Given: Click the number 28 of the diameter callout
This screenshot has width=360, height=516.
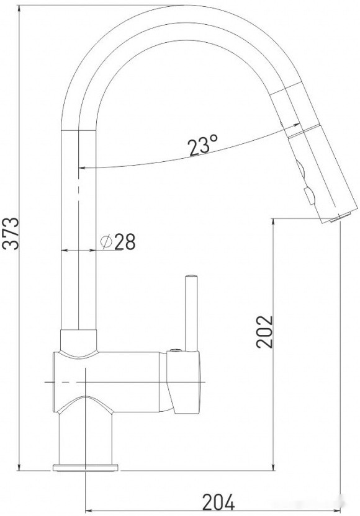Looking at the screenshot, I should pos(125,242).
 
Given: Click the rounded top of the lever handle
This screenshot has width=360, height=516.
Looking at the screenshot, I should pos(191,277).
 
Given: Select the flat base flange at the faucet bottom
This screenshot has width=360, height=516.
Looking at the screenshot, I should pos(85,466).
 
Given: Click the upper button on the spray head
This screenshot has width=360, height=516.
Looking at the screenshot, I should pos(301,167).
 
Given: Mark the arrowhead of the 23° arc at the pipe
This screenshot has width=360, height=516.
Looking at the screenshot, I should pos(82,167).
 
